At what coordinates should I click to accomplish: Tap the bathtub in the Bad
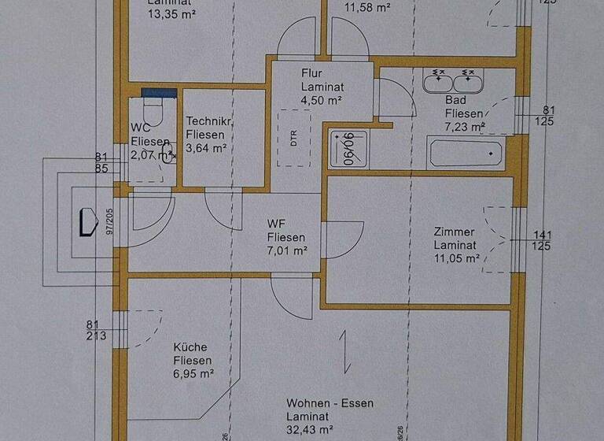click(x=466, y=153)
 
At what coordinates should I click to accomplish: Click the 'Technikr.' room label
click(x=208, y=122)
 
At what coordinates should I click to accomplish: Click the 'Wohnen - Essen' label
click(x=330, y=403)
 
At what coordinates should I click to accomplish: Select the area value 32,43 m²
click(x=311, y=430)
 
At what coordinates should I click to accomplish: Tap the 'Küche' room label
click(x=190, y=347)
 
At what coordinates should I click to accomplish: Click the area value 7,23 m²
click(x=465, y=126)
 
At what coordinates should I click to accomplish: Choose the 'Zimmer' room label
click(x=455, y=232)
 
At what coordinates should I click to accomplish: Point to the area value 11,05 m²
click(x=456, y=258)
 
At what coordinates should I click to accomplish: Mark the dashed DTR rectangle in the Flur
click(x=293, y=143)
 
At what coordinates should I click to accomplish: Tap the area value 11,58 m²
click(x=369, y=8)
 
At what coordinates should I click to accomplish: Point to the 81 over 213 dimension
click(x=97, y=330)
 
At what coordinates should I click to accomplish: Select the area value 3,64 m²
click(x=207, y=147)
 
